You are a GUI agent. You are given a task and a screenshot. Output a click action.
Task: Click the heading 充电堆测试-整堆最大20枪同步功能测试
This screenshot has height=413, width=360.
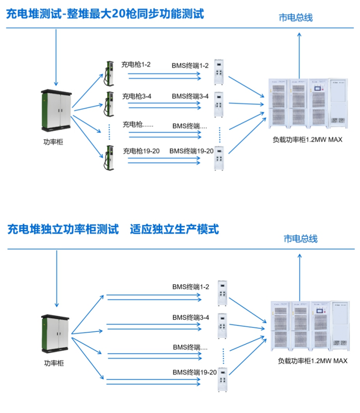[105, 14]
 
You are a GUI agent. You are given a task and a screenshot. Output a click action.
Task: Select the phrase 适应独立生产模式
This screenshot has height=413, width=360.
[174, 229]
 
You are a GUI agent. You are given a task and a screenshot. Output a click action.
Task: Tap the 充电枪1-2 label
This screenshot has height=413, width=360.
[136, 65]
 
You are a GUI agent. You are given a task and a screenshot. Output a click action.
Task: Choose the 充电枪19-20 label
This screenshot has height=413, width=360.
[141, 151]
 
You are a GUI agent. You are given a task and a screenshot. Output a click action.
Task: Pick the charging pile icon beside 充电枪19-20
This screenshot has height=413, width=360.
[109, 158]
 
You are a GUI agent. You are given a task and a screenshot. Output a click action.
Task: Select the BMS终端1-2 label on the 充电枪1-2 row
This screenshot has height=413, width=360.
[190, 66]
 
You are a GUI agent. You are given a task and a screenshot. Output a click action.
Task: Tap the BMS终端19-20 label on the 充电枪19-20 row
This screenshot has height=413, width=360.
[191, 151]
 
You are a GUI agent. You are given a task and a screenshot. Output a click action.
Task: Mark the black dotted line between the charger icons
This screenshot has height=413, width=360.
[110, 132]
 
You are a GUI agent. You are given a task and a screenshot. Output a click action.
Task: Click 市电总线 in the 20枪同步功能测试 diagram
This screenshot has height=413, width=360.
[295, 18]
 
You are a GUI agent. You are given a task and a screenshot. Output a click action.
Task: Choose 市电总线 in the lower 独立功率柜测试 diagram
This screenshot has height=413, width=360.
[300, 239]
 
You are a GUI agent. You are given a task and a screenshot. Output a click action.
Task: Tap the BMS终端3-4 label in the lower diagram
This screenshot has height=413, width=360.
[191, 317]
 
